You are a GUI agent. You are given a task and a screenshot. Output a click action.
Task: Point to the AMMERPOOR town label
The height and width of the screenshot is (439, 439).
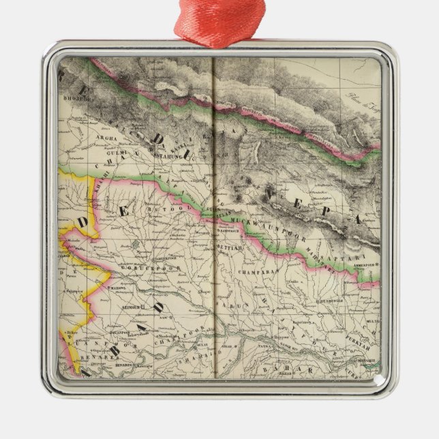[x=361, y=265]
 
